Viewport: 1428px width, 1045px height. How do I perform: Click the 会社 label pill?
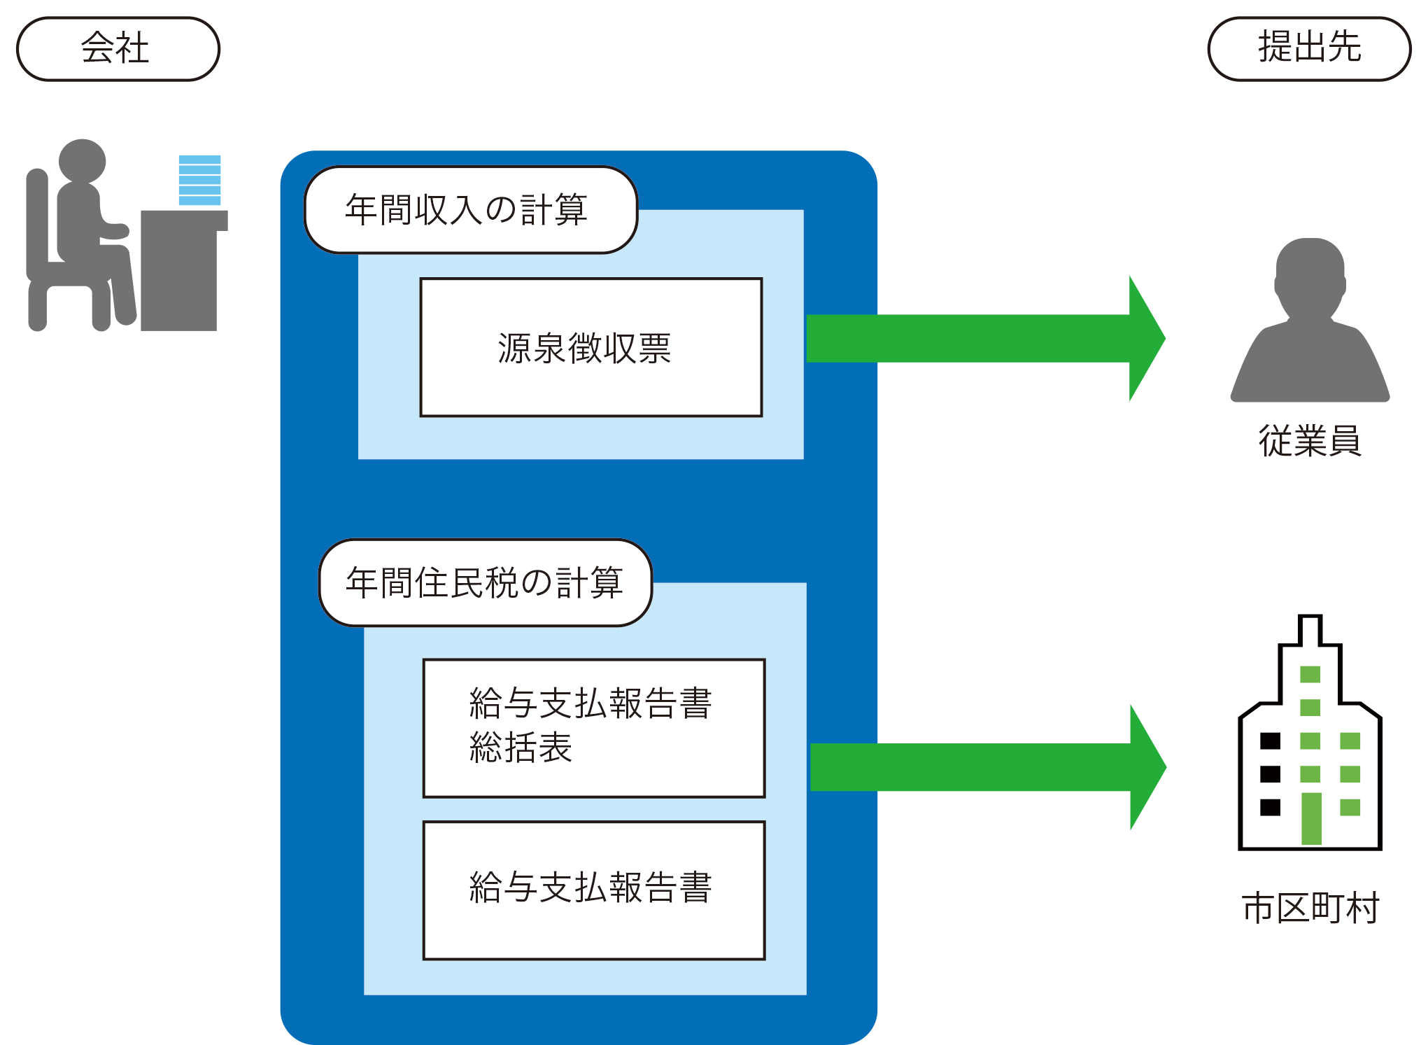pyautogui.click(x=118, y=49)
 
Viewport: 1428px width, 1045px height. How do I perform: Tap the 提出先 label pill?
pyautogui.click(x=1309, y=49)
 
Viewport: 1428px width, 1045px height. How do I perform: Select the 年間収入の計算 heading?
pyautogui.click(x=470, y=209)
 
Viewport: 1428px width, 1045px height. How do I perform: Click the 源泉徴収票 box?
pyautogui.click(x=591, y=347)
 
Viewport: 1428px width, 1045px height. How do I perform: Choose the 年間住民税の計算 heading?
pyautogui.click(x=485, y=582)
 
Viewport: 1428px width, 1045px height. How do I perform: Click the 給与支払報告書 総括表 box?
pyautogui.click(x=593, y=728)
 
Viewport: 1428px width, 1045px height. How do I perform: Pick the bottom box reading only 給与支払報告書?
pyautogui.click(x=593, y=890)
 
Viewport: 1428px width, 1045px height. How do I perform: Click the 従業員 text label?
pyautogui.click(x=1310, y=441)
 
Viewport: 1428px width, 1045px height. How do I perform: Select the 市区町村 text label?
pyautogui.click(x=1310, y=909)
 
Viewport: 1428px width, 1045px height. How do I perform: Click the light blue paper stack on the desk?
pyautogui.click(x=199, y=180)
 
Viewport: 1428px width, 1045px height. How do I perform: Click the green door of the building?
pyautogui.click(x=1311, y=819)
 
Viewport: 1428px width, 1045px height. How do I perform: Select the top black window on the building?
pyautogui.click(x=1270, y=741)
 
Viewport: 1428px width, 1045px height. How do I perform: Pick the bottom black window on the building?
pyautogui.click(x=1270, y=807)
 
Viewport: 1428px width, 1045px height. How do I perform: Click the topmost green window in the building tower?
pyautogui.click(x=1310, y=674)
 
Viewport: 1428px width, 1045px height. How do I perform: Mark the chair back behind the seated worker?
pyautogui.click(x=37, y=224)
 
